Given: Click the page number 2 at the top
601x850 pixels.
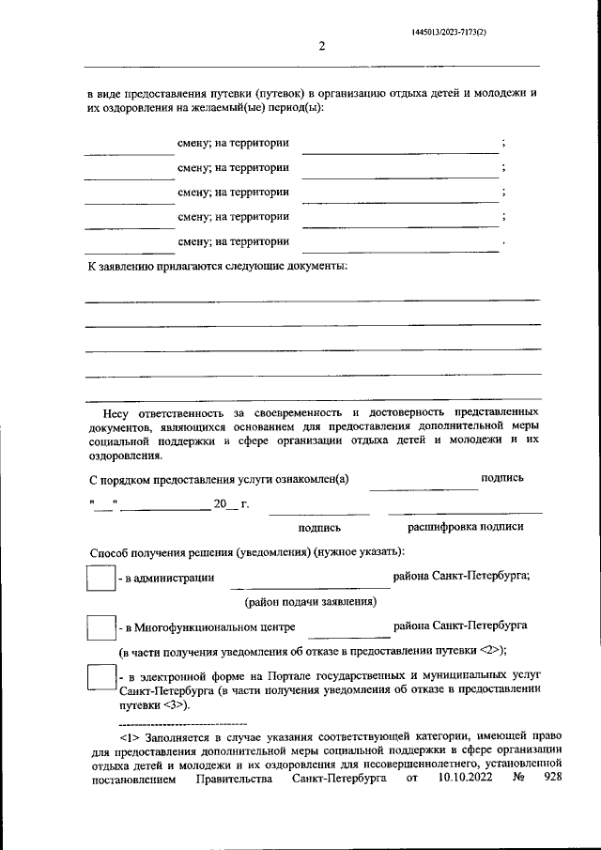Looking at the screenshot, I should [x=321, y=48].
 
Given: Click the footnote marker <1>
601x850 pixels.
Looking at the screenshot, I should [x=131, y=737].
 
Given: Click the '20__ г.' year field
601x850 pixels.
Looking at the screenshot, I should [x=231, y=505].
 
